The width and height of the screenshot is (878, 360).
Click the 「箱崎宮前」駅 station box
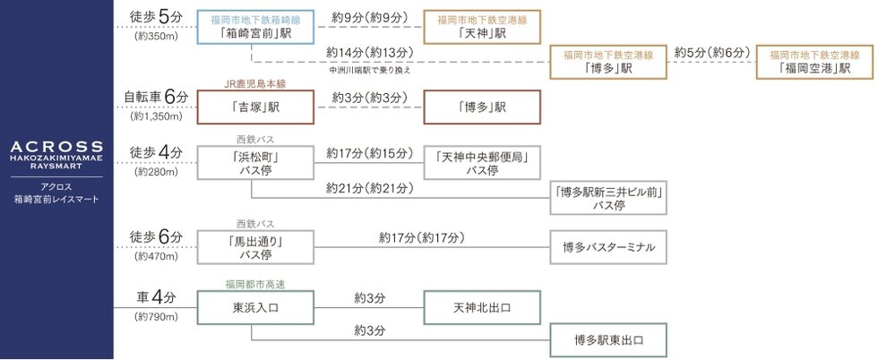pyautogui.click(x=255, y=27)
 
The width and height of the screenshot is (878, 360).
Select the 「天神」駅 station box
pyautogui.click(x=482, y=27)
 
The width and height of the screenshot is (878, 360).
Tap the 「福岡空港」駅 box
pyautogui.click(x=814, y=62)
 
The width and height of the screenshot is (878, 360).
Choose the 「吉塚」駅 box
pyautogui.click(x=255, y=107)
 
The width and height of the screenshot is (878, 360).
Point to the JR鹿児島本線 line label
pyautogui.click(x=255, y=84)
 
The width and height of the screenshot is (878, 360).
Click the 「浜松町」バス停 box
pyautogui.click(x=255, y=163)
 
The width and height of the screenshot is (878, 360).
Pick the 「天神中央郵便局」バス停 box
pyautogui.click(x=482, y=163)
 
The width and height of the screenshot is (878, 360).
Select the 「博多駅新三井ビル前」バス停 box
pyautogui.click(x=608, y=198)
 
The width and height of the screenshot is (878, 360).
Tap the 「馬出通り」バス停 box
pyautogui.click(x=255, y=247)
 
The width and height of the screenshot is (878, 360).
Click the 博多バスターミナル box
pyautogui.click(x=608, y=247)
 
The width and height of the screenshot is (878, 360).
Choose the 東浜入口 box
pyautogui.click(x=255, y=307)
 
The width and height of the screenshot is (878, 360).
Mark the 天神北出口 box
pyautogui.click(x=482, y=307)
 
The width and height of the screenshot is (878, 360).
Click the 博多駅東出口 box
pyautogui.click(x=608, y=339)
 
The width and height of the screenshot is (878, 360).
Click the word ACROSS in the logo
pyautogui.click(x=56, y=147)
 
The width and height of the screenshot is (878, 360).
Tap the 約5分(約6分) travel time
pyautogui.click(x=711, y=53)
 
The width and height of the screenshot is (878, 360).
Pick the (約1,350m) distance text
pyautogui.click(x=156, y=117)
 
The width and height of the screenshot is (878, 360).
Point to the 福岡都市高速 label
pyautogui.click(x=255, y=285)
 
